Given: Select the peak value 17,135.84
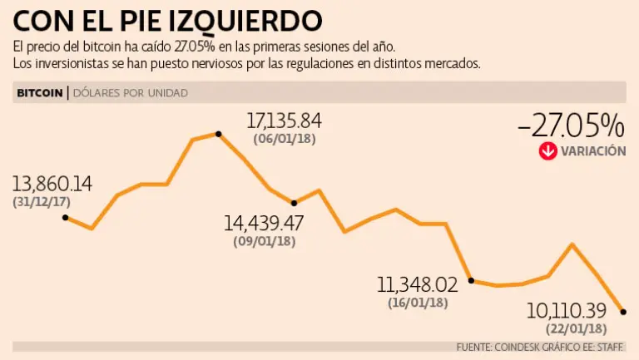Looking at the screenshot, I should point(284,121).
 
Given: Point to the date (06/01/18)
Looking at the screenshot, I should point(284,139).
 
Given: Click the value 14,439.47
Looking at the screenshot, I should point(264,223).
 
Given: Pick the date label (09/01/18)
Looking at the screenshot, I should point(264,241).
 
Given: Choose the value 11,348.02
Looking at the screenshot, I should point(418,285).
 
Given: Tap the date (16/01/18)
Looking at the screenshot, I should point(418,303).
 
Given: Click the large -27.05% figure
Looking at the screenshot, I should point(570,126).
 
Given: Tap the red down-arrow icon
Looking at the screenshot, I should point(547,151).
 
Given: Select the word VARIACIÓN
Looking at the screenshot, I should point(592,151).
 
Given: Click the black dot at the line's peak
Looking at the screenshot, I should point(218,133).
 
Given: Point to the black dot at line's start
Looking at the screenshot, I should point(65,218).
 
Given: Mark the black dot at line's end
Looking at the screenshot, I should point(624,312).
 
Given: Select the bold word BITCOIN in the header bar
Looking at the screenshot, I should point(39,93).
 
